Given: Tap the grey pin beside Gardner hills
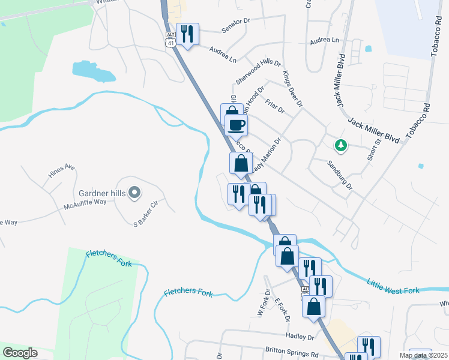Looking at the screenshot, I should [x=134, y=193].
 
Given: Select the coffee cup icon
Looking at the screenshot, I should [x=237, y=125].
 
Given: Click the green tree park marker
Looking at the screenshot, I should [x=341, y=145].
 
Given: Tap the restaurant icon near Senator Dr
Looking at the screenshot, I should [x=188, y=34].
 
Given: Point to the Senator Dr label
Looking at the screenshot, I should [x=235, y=29].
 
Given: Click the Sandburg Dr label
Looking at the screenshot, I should [x=340, y=173].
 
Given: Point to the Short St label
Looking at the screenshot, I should [x=374, y=150].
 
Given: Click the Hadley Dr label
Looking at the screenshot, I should [x=302, y=337].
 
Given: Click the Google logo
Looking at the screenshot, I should [x=20, y=353].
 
